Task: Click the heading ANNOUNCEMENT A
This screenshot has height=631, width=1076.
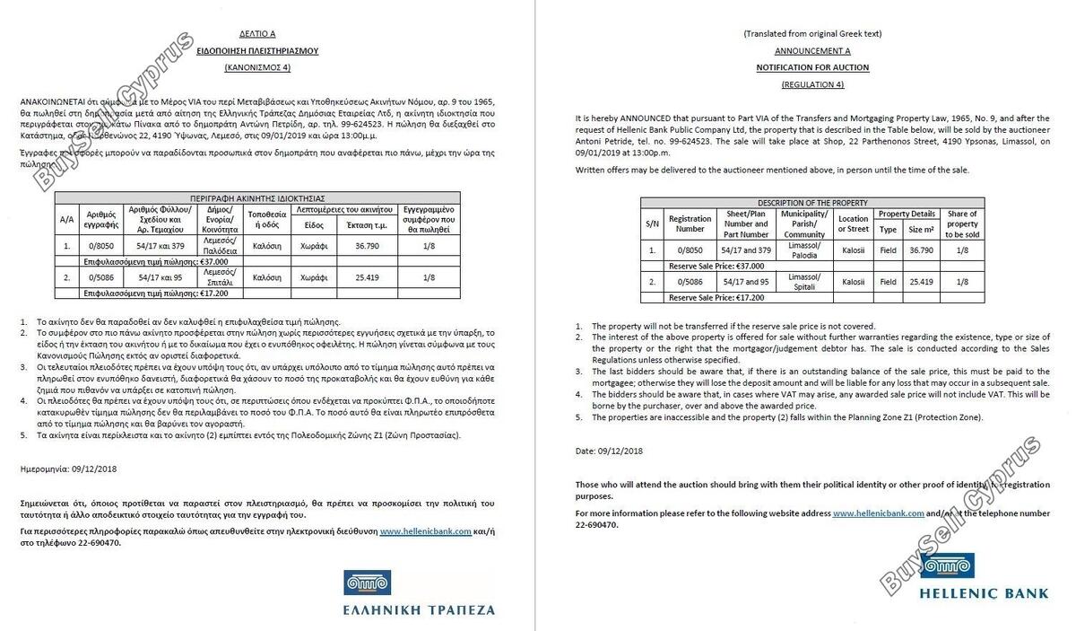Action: pyautogui.click(x=812, y=50)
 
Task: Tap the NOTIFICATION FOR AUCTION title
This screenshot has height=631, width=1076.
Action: pyautogui.click(x=812, y=67)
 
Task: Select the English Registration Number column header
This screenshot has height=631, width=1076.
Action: pyautogui.click(x=690, y=223)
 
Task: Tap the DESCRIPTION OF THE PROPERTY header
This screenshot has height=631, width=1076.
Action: pyautogui.click(x=812, y=203)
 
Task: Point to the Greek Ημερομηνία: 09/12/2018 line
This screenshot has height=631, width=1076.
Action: pyautogui.click(x=75, y=469)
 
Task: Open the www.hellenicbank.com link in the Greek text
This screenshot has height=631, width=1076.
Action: pyautogui.click(x=425, y=531)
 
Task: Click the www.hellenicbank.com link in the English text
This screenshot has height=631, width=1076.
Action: pyautogui.click(x=878, y=513)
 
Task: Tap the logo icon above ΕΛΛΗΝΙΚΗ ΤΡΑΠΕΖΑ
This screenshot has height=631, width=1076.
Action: pyautogui.click(x=366, y=583)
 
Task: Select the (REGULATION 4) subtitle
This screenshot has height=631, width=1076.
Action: pyautogui.click(x=812, y=84)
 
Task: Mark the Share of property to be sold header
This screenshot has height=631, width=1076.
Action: pyautogui.click(x=962, y=223)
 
